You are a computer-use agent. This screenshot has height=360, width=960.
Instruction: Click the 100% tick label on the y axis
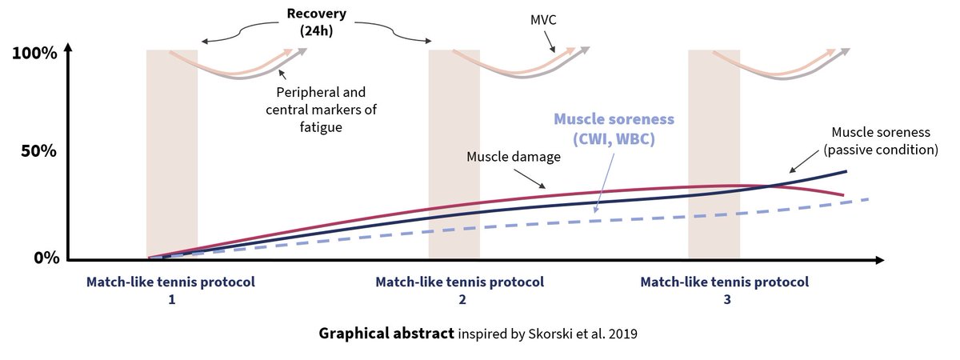click(34, 54)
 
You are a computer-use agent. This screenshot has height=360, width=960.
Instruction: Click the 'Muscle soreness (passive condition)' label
click(884, 140)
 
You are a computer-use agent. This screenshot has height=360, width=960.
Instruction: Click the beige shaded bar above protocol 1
click(171, 152)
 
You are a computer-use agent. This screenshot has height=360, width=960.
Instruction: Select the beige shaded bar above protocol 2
click(454, 152)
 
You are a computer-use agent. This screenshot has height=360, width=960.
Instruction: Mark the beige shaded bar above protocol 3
click(714, 152)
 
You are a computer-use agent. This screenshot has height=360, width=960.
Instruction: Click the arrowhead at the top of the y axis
click(68, 46)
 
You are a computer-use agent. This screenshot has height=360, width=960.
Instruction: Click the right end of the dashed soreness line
click(867, 199)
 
